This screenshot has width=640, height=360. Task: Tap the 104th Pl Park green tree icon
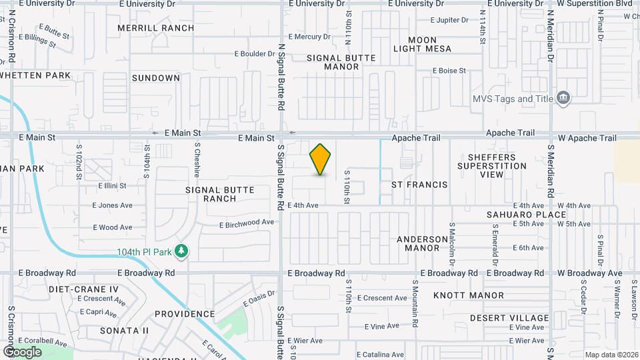coord(181,251)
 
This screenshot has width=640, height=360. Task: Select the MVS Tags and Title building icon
coord(564,99)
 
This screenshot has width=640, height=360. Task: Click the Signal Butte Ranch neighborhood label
coord(220,194)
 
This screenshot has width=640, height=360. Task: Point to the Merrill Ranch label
coord(156,28)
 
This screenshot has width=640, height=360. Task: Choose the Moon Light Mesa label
coord(422,45)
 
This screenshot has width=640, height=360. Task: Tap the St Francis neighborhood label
coord(419,184)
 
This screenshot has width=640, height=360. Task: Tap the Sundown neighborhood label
coord(155,78)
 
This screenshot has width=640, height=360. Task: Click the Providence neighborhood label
coord(185,314)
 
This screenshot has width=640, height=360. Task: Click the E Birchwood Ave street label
coord(247,223)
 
